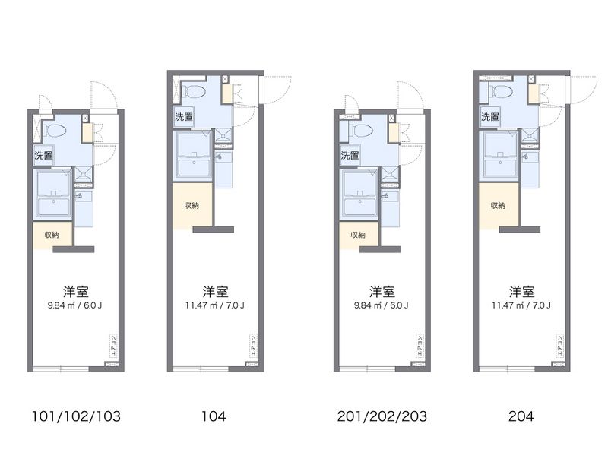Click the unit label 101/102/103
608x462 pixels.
[x=76, y=416]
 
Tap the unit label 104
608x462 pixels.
[x=214, y=416]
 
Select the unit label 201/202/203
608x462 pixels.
[x=382, y=416]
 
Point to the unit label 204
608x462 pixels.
[x=521, y=416]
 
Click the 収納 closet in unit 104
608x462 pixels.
[x=192, y=205]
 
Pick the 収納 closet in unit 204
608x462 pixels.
[x=499, y=205]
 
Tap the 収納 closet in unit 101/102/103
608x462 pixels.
[x=53, y=235]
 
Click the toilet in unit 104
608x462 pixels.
[x=193, y=91]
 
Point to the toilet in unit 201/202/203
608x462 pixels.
[x=360, y=129]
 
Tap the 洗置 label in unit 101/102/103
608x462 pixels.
[x=43, y=155]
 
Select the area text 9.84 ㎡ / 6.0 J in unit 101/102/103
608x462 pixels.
[x=76, y=305]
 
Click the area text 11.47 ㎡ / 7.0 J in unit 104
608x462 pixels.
[x=214, y=305]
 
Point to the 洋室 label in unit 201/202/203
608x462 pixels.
[x=382, y=291]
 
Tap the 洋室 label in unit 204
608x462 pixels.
[x=521, y=291]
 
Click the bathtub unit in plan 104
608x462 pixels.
[x=194, y=157]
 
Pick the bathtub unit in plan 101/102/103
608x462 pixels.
[x=53, y=195]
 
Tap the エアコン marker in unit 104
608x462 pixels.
[x=252, y=346]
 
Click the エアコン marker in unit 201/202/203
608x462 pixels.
[x=420, y=346]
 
